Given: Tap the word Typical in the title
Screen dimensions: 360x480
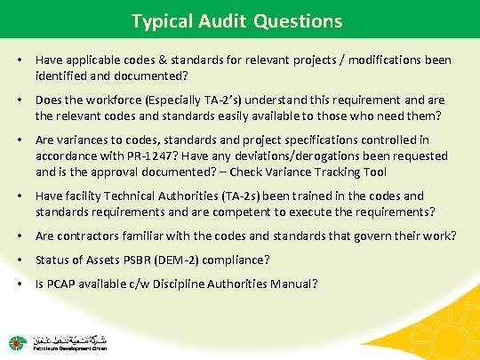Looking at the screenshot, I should [158, 20].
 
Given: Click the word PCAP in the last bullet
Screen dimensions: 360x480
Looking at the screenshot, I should [60, 284].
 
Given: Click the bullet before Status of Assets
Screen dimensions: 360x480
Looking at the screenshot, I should [19, 260].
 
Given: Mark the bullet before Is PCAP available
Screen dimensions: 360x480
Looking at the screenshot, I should [19, 284].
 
